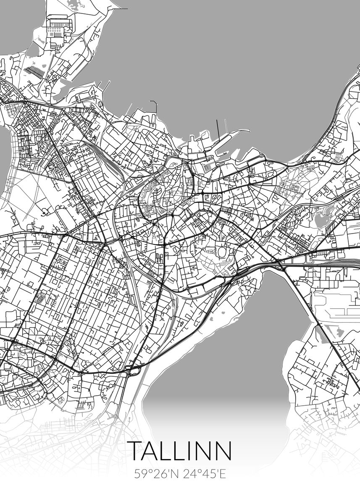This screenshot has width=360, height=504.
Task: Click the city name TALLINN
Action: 180,450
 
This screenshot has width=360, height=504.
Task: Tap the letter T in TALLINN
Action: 135,450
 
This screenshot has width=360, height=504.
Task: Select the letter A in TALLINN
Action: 153,450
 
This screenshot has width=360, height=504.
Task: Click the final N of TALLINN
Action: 223,450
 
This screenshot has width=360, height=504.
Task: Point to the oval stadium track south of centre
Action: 221,252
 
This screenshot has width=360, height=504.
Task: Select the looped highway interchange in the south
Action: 134,370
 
